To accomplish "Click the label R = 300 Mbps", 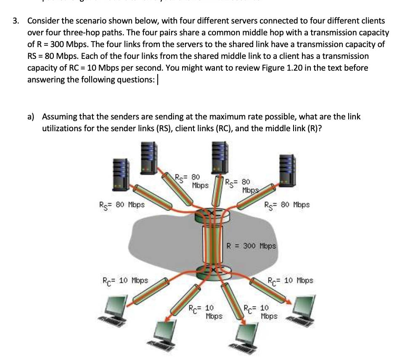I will pos(251,246).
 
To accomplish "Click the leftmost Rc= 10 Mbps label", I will pos(125,280).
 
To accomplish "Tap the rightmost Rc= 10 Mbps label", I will pos(290,280).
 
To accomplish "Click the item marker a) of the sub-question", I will pos(33,117).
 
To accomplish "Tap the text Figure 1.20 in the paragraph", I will pos(273,68).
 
